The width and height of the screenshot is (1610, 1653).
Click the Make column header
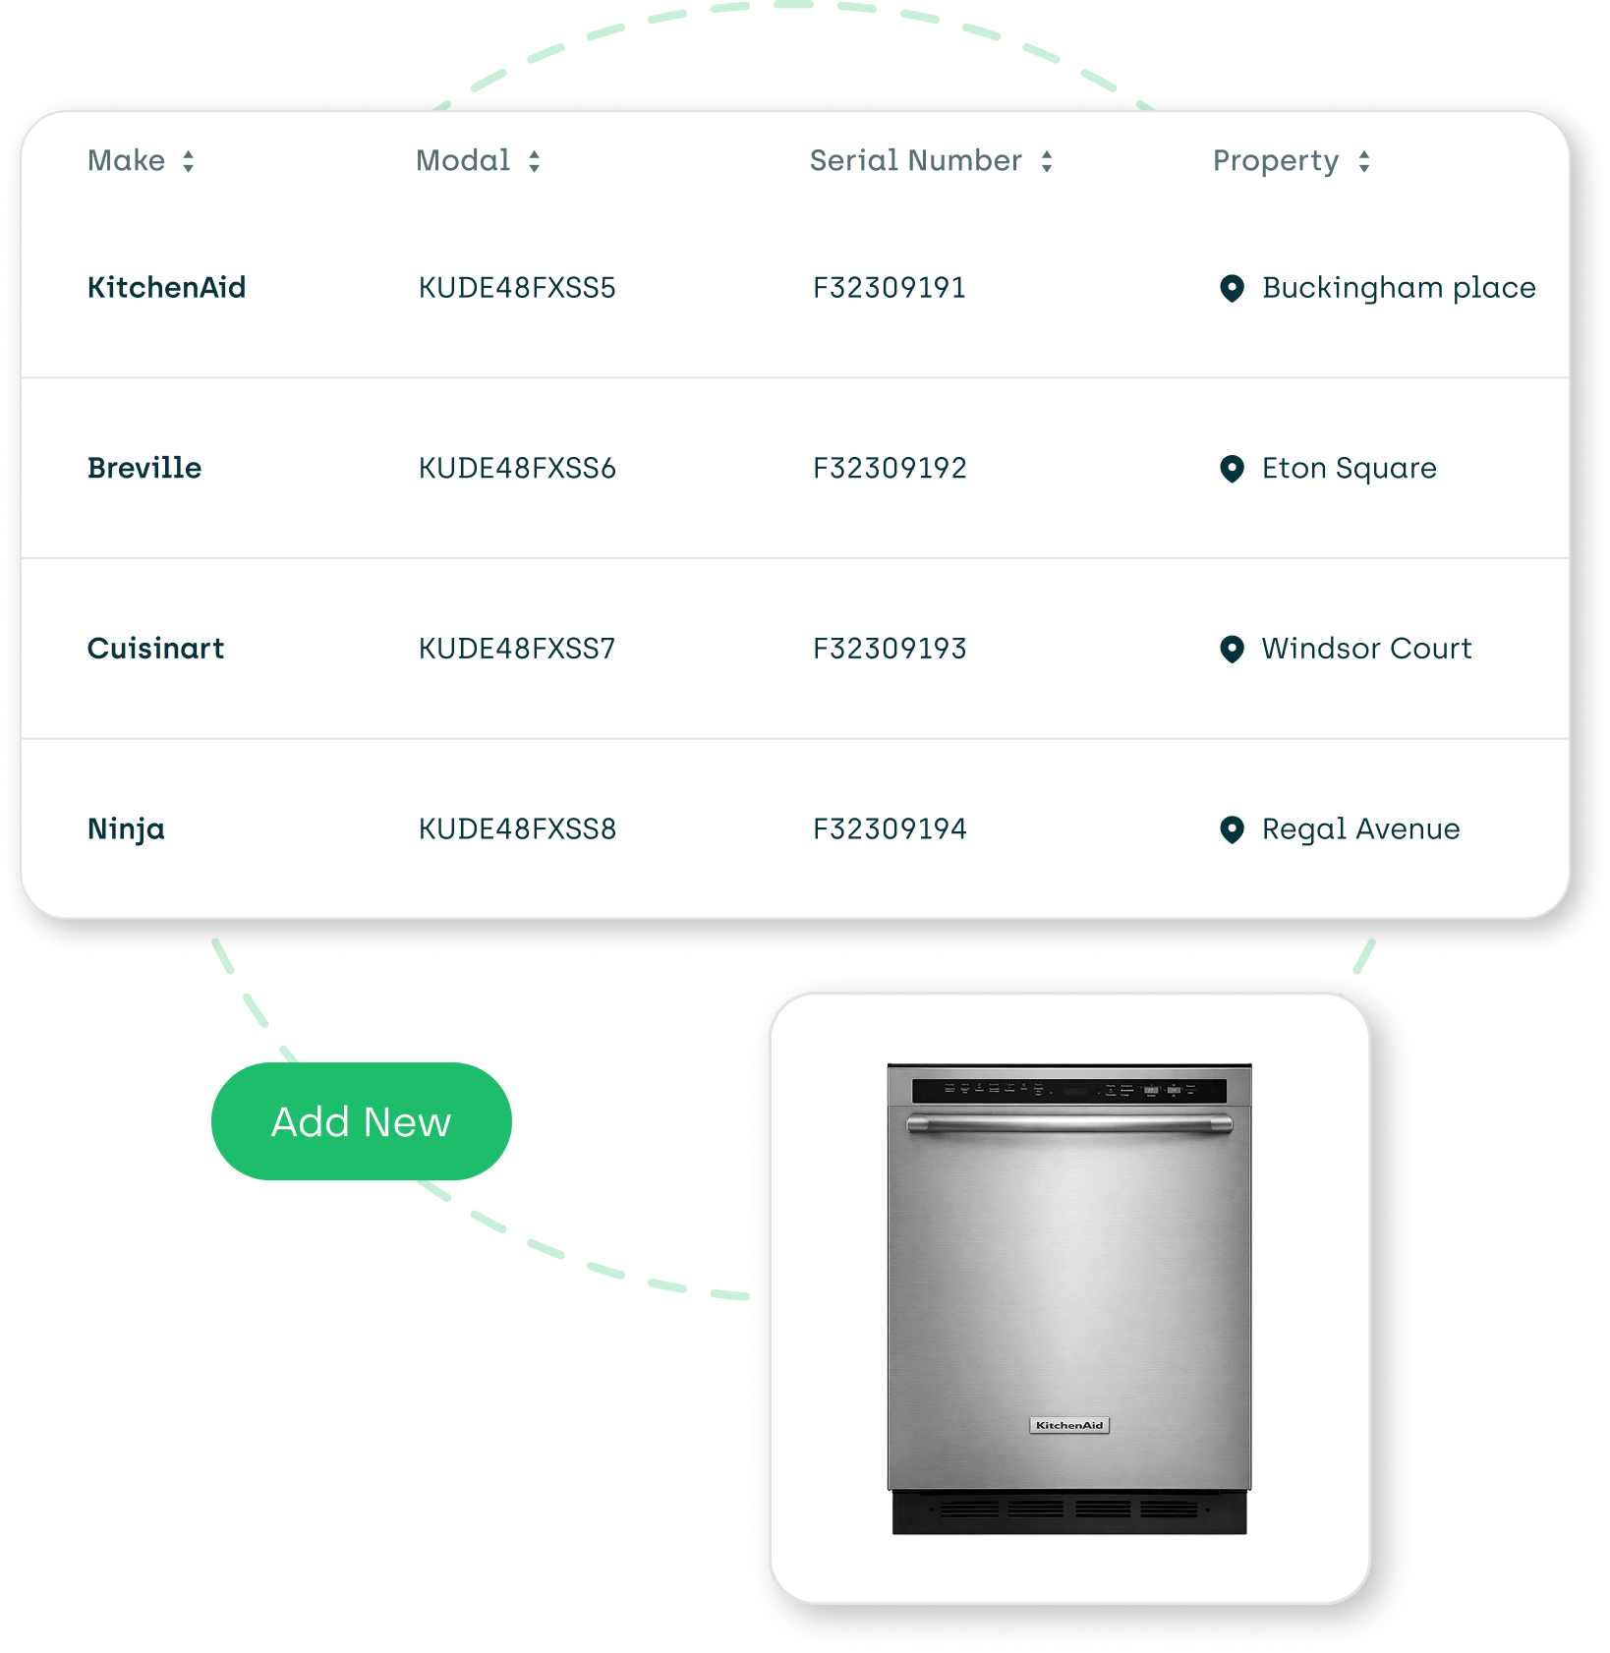(x=127, y=160)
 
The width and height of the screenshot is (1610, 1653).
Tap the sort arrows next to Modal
(x=534, y=161)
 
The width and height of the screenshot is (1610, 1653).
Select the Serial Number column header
(x=915, y=160)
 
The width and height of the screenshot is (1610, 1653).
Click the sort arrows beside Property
(x=1363, y=161)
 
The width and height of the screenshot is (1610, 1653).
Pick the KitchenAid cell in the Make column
(x=166, y=287)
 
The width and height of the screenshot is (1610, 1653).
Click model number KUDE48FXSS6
(x=517, y=468)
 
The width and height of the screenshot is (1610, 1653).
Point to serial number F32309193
(x=890, y=649)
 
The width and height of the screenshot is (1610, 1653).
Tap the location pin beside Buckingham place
(x=1232, y=288)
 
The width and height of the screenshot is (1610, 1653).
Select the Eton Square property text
(x=1349, y=468)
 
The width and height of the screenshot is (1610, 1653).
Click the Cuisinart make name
(x=155, y=649)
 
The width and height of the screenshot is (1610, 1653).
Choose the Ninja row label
(x=126, y=828)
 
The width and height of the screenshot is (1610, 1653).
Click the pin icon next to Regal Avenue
(x=1232, y=829)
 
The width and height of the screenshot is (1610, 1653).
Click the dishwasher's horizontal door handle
(x=1068, y=1123)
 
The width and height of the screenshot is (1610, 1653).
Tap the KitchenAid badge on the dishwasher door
(x=1069, y=1425)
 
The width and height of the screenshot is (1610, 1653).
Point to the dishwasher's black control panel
(x=1068, y=1090)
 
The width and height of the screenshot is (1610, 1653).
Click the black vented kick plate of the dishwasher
(x=1068, y=1511)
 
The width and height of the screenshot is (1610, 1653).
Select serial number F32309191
(x=890, y=287)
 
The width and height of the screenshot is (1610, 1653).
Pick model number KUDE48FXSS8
(x=517, y=828)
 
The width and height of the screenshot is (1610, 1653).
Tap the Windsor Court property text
(x=1366, y=649)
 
